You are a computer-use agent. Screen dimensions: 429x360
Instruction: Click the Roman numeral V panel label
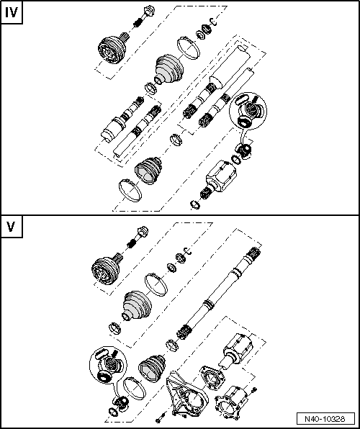[x=12, y=227]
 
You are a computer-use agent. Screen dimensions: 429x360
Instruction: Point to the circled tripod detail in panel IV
[x=248, y=110]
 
